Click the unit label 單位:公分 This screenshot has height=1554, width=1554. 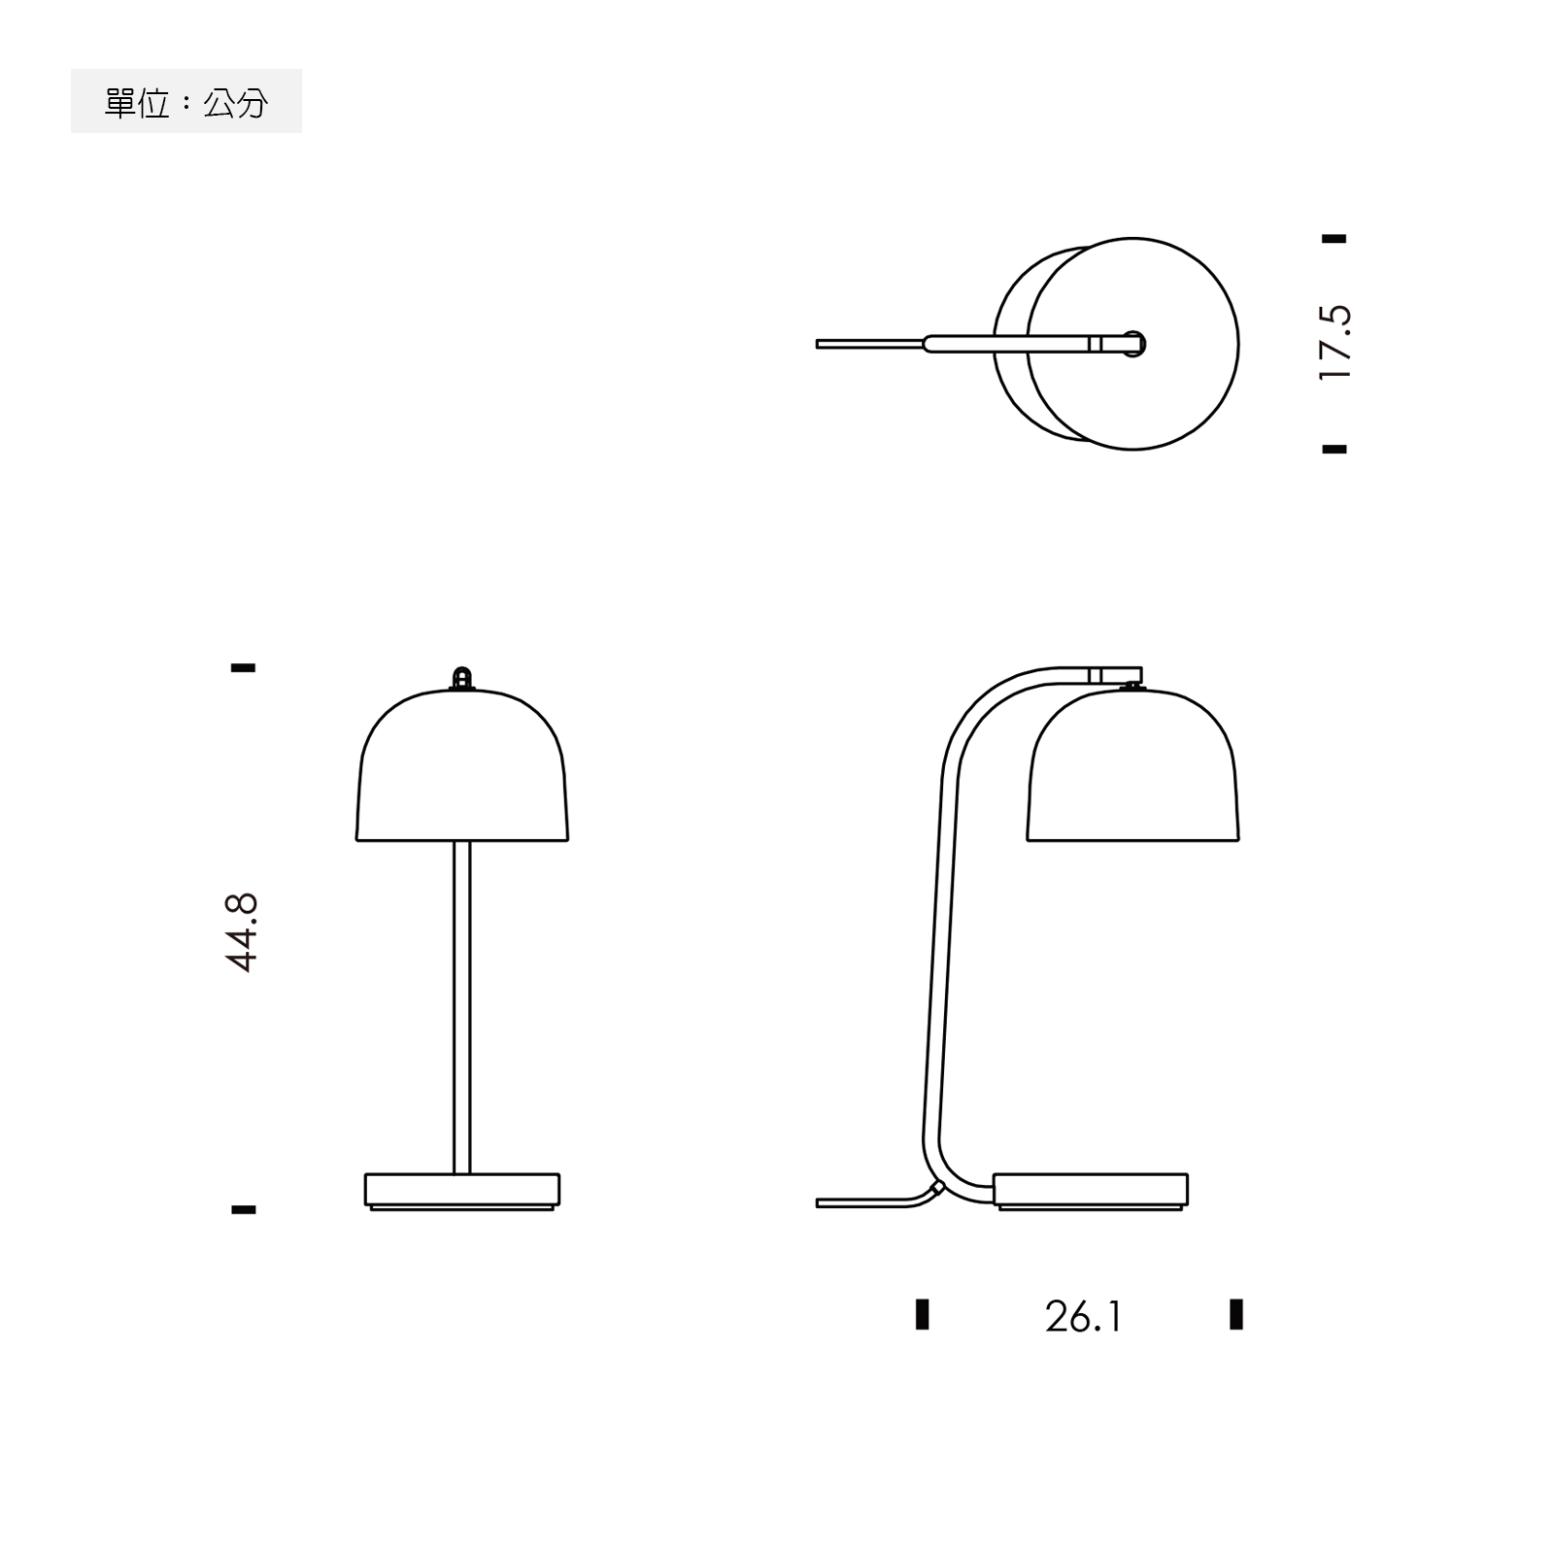(186, 102)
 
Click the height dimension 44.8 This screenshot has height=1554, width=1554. (242, 932)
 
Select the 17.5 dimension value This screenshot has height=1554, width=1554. (1335, 342)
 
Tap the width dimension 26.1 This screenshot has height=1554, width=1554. (1083, 1317)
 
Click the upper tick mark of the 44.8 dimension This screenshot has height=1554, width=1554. (243, 668)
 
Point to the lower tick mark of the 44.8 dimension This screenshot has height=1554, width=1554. (243, 1209)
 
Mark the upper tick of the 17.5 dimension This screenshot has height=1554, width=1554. (1334, 238)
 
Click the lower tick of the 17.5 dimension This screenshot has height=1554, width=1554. (1334, 449)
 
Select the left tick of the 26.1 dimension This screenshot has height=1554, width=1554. (923, 1313)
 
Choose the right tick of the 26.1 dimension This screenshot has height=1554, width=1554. (1236, 1313)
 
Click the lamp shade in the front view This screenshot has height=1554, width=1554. (462, 767)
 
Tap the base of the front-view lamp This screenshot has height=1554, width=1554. (462, 1190)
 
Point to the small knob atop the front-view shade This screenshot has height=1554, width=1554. (462, 677)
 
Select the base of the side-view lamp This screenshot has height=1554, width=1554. (1091, 1190)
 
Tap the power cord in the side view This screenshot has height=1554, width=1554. (860, 1203)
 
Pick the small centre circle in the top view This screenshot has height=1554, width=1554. (1133, 344)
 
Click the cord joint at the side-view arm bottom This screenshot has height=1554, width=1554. (936, 1187)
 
